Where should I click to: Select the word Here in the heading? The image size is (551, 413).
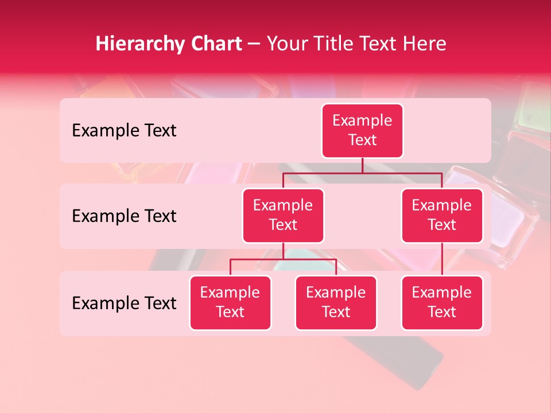425,44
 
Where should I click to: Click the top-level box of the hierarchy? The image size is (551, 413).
362,131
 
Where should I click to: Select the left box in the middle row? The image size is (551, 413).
283,216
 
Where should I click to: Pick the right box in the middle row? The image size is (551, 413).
442,216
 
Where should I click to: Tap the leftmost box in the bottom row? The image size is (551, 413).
230,303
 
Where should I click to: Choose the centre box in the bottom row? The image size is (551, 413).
336,303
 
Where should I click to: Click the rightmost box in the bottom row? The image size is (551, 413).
442,303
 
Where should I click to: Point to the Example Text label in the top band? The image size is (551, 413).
124,131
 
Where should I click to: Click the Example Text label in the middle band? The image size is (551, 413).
124,216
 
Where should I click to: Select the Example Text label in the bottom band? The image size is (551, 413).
124,303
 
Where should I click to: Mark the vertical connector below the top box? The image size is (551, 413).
362,166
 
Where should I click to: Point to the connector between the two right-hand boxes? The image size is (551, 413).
442,259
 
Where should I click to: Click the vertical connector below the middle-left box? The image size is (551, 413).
283,251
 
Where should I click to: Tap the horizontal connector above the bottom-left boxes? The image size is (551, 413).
283,259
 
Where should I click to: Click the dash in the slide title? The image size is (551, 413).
254,44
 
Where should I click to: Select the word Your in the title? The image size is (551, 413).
286,44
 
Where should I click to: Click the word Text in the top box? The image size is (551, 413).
362,141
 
